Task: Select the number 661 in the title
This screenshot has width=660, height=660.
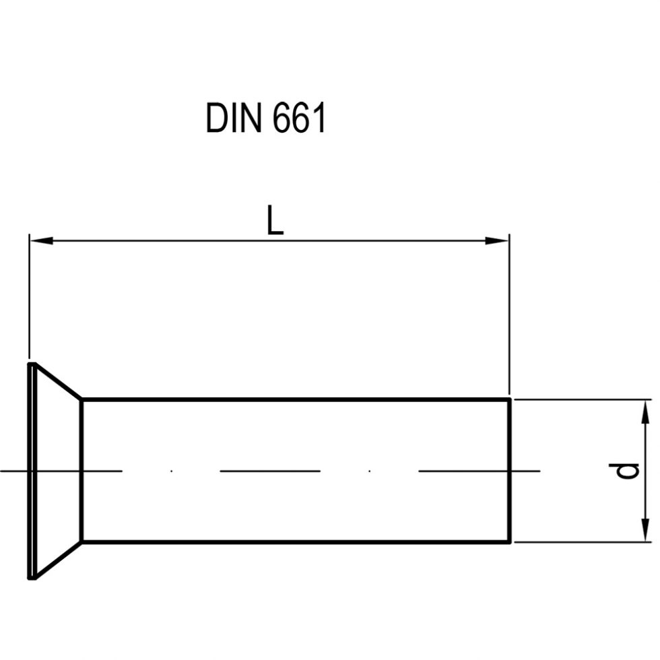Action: click(300, 119)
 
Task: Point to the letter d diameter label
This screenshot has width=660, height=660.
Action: click(628, 470)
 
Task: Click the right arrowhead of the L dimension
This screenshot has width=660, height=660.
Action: click(498, 240)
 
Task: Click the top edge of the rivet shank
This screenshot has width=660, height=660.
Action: click(296, 399)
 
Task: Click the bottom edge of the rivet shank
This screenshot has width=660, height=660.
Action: click(296, 542)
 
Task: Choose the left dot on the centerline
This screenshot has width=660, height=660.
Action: click(172, 470)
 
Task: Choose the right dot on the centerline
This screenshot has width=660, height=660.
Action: click(370, 470)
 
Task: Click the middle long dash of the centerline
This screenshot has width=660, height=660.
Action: click(270, 470)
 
